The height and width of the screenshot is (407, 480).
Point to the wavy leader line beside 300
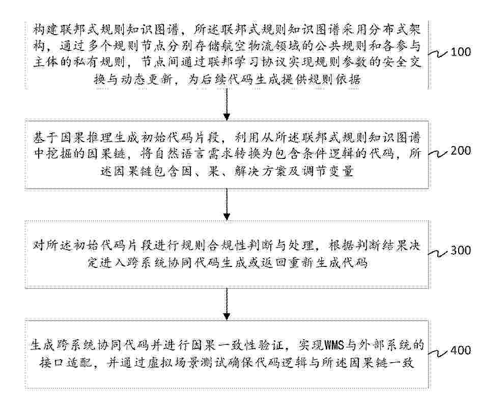click(438, 253)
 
